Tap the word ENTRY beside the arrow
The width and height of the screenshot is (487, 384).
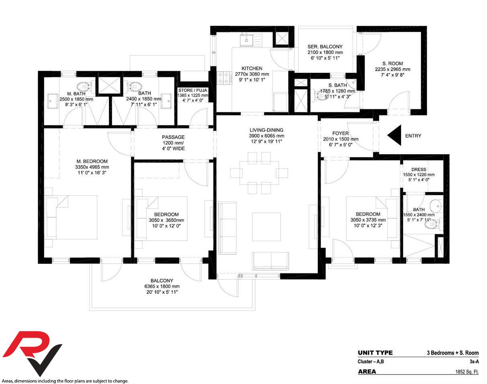click(x=413, y=136)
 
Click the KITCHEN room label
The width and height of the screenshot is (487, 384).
click(x=252, y=68)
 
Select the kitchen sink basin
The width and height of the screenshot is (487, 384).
click(x=247, y=39)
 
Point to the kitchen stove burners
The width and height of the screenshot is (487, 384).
click(x=224, y=78)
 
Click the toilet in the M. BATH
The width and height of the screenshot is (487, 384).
click(x=84, y=87)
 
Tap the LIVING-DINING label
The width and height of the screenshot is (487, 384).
click(x=266, y=130)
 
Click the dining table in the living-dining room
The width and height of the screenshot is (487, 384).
click(x=259, y=173)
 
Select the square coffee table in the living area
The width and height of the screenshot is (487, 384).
click(x=266, y=227)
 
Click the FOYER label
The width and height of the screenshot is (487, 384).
click(x=340, y=133)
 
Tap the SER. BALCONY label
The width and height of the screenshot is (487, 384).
click(x=325, y=46)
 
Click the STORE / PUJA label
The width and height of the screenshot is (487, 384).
click(x=192, y=90)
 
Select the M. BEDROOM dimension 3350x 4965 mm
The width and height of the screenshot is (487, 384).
click(x=92, y=167)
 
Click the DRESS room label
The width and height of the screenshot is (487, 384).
click(x=419, y=169)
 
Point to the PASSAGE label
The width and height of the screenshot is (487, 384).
click(x=173, y=137)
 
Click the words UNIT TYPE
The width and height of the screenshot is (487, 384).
click(x=375, y=353)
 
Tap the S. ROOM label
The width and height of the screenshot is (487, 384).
click(x=393, y=64)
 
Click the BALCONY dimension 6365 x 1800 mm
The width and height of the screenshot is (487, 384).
click(x=162, y=286)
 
